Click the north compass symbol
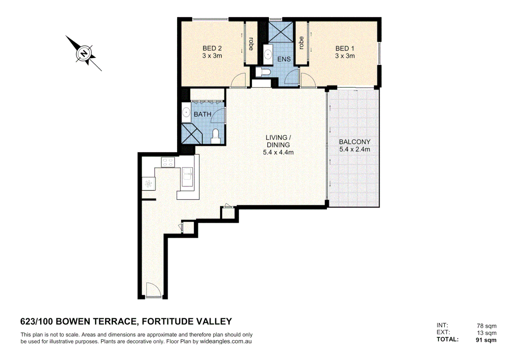84,54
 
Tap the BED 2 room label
212,48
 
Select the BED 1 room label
345,48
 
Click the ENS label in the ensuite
284,59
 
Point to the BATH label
203,114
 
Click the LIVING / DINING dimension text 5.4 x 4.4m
278,152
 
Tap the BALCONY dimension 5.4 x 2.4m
354,149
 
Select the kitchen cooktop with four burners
168,162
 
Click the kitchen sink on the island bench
187,177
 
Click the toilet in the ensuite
264,72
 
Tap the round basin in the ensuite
268,54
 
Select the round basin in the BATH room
186,112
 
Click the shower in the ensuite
280,32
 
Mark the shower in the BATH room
191,134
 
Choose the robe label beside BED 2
251,43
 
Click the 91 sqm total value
486,340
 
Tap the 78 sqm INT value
486,326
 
